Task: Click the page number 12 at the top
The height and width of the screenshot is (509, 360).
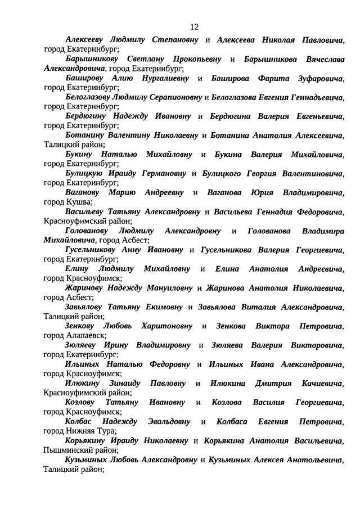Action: tap(195, 26)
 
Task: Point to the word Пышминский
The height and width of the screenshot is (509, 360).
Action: tap(68, 450)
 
